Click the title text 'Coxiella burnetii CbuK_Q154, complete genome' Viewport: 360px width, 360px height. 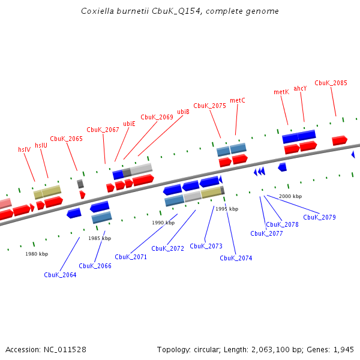pyautogui.click(x=180, y=11)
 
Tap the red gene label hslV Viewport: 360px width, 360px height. pyautogui.click(x=24, y=149)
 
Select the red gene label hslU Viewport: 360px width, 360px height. pyautogui.click(x=41, y=145)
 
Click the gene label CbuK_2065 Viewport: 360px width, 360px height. pyautogui.click(x=66, y=139)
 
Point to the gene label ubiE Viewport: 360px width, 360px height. pyautogui.click(x=129, y=124)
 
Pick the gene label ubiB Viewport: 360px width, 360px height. pyautogui.click(x=184, y=112)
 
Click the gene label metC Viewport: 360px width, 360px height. pyautogui.click(x=238, y=100)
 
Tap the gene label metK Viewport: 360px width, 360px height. pyautogui.click(x=281, y=92)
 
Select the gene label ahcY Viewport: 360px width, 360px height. pyautogui.click(x=300, y=88)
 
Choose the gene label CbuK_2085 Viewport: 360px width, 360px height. pyautogui.click(x=331, y=83)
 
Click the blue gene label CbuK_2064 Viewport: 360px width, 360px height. pyautogui.click(x=60, y=275)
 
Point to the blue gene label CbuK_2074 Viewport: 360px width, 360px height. pyautogui.click(x=236, y=258)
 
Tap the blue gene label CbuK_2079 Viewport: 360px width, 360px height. pyautogui.click(x=319, y=217)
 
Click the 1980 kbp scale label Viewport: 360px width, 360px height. pyautogui.click(x=36, y=254)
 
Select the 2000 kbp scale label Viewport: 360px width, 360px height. pyautogui.click(x=290, y=196)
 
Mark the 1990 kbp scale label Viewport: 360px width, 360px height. pyautogui.click(x=163, y=223)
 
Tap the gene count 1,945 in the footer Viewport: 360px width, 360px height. pyautogui.click(x=344, y=349)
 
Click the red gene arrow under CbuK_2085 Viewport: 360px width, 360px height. pyautogui.click(x=340, y=140)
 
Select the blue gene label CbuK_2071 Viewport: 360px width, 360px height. pyautogui.click(x=131, y=257)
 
